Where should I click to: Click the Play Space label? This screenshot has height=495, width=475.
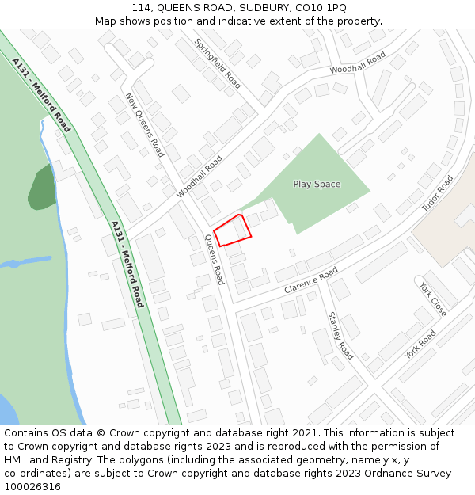tap(317, 184)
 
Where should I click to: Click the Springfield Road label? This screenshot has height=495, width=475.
tap(218, 63)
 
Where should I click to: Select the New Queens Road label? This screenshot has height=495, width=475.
tap(145, 124)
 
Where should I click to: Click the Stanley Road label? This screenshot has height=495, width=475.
tap(340, 335)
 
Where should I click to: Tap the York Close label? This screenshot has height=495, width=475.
tap(433, 299)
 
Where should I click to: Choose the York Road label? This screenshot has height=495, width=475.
tap(420, 344)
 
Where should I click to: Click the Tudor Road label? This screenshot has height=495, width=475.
tap(437, 192)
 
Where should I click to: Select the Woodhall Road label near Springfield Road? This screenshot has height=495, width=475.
tap(358, 63)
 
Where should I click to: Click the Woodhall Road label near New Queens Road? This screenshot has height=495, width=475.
tap(199, 176)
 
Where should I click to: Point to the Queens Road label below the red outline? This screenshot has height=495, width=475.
tap(215, 259)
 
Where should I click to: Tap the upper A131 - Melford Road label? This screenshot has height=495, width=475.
tap(41, 94)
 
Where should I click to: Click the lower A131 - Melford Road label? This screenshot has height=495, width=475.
tap(127, 264)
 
